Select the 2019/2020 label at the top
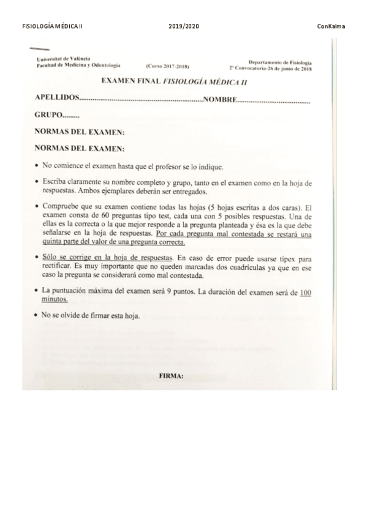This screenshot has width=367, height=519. pyautogui.click(x=183, y=26)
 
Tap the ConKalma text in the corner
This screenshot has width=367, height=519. pyautogui.click(x=331, y=26)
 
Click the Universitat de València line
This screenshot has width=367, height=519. pyautogui.click(x=61, y=59)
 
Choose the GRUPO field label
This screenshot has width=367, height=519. pyautogui.click(x=49, y=114)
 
